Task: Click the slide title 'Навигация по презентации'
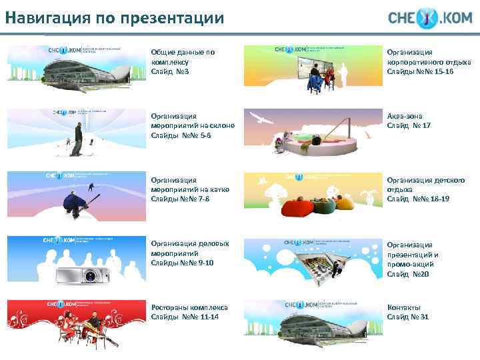click(x=113, y=18)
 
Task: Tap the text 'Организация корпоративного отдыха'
click(x=429, y=57)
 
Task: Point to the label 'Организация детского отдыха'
click(x=425, y=185)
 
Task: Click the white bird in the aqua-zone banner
click(x=266, y=121)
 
